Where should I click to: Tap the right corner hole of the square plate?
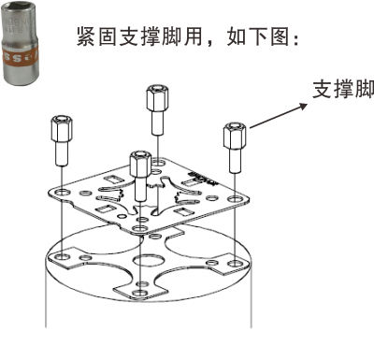click(x=230, y=199)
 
